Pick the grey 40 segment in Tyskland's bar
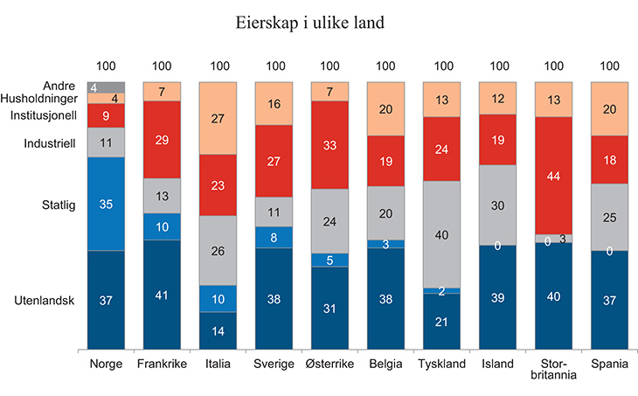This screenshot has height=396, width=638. pos(444,234)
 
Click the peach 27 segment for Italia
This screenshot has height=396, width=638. pos(218,118)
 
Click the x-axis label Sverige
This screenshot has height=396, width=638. pos(274,363)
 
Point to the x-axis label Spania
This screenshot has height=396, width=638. pos(610,363)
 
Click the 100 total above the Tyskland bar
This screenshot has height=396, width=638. pos(444,66)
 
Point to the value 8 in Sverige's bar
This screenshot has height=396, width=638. pos(274,237)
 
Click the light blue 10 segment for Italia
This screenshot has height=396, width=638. pos(218,298)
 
